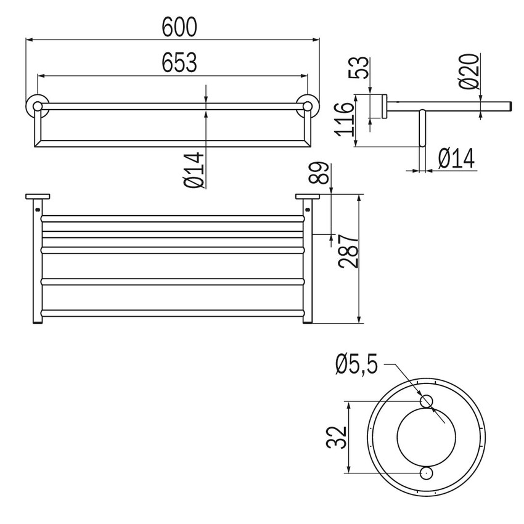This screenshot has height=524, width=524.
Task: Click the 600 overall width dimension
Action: coord(179,27)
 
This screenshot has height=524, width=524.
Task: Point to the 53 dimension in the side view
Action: coord(361,67)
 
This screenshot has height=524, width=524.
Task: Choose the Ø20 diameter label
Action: coord(469,72)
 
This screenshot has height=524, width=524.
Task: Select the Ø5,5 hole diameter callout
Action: coord(357,366)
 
